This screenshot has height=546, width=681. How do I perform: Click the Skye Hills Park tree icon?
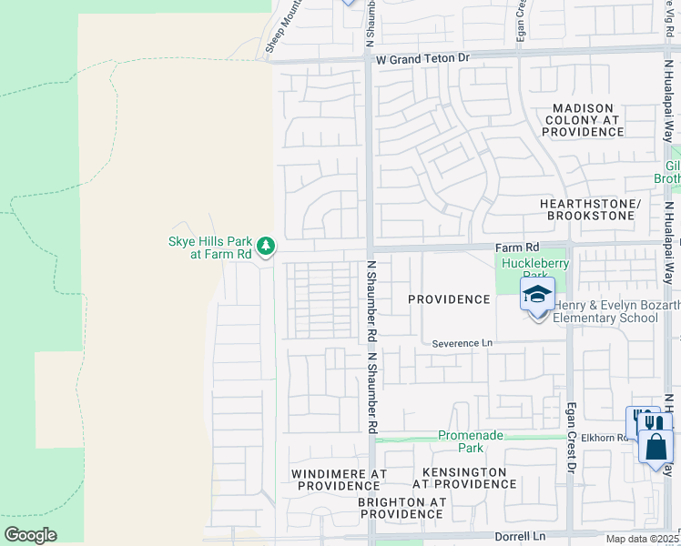[x=266, y=246]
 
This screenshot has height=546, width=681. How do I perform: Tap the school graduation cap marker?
[x=537, y=295]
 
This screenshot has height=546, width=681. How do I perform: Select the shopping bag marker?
[x=656, y=447]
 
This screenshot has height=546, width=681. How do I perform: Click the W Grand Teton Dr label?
[x=423, y=57]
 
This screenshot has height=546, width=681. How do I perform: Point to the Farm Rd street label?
[x=517, y=247]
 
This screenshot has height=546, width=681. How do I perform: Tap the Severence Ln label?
[x=462, y=342]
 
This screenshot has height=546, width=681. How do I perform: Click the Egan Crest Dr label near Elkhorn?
[x=572, y=439]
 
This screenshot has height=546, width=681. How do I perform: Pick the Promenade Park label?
[x=470, y=441]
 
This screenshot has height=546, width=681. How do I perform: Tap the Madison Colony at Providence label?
[x=583, y=120]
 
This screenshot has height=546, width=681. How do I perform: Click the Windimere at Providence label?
[x=339, y=480]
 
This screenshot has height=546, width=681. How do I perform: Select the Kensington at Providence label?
[x=464, y=478]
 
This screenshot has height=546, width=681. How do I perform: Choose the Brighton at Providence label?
[x=401, y=508]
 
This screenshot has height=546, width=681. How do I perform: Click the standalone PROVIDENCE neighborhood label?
[x=449, y=299]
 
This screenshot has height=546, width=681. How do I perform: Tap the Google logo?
[x=30, y=534]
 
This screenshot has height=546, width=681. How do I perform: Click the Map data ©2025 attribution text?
[x=642, y=539]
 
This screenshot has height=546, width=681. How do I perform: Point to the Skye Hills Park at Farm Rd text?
[x=209, y=248]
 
